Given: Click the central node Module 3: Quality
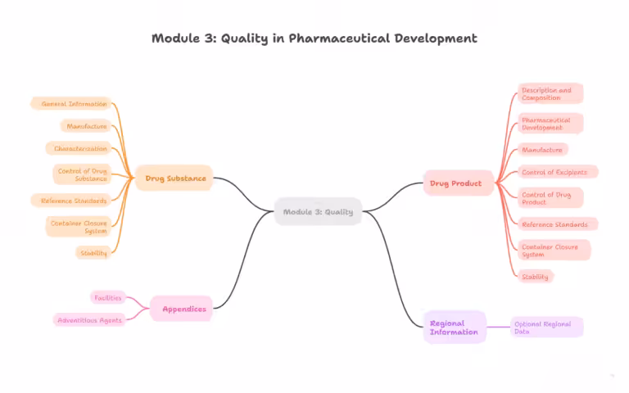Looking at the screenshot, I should click(318, 212).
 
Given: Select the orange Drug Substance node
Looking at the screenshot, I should click(174, 178).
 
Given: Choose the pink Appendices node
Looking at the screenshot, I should click(183, 309).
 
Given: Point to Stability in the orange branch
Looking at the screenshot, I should click(93, 253).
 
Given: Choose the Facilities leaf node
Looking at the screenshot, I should click(107, 297).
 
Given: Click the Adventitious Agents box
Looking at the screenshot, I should click(89, 319).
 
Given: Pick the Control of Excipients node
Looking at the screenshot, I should click(558, 172).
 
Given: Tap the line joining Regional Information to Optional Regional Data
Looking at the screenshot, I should click(499, 327).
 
